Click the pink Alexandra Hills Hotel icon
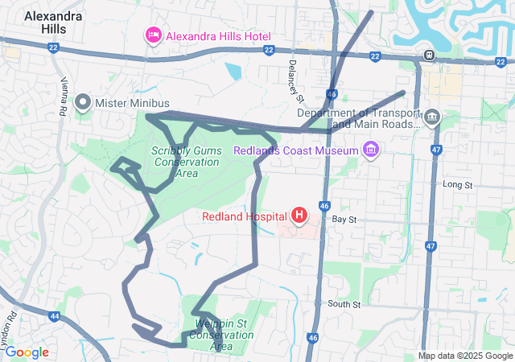[x=152, y=35]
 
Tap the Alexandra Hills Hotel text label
[x=218, y=36]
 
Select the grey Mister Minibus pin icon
[x=83, y=103]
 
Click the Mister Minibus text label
[x=133, y=103]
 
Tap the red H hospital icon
[x=299, y=216]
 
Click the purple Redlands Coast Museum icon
[x=370, y=150]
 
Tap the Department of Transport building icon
[x=432, y=118]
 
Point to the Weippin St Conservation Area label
[x=215, y=334]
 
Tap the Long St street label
[x=456, y=185]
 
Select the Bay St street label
[x=344, y=219]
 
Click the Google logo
[x=26, y=352]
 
